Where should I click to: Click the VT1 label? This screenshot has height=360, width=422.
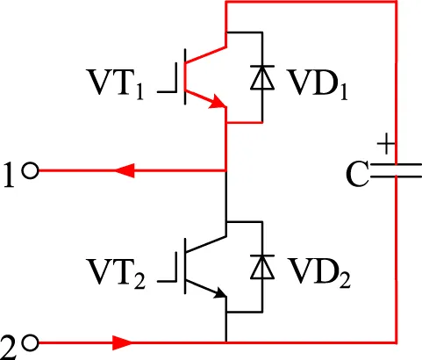click(x=116, y=84)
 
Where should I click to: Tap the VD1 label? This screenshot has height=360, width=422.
click(x=318, y=84)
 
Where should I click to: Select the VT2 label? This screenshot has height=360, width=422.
click(x=117, y=274)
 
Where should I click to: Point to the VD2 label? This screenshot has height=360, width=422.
click(x=318, y=273)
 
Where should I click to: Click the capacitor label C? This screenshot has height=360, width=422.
click(x=357, y=175)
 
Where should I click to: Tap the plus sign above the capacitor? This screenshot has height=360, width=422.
click(x=386, y=144)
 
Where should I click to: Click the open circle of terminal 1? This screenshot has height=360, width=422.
click(x=31, y=170)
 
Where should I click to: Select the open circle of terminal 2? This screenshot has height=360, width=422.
click(x=31, y=343)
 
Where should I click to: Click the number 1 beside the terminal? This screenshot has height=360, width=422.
click(x=9, y=175)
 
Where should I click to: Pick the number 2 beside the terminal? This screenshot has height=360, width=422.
click(x=8, y=348)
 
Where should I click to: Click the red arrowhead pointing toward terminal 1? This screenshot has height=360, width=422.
click(x=125, y=170)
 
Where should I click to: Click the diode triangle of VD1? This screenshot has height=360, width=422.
click(x=262, y=78)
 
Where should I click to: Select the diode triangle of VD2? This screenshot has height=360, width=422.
click(x=262, y=267)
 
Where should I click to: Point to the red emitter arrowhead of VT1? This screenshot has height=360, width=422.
click(x=218, y=102)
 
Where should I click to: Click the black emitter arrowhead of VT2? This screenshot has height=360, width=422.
click(x=219, y=292)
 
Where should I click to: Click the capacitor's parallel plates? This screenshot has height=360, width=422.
click(x=396, y=170)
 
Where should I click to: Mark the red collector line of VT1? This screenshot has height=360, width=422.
click(x=206, y=54)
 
